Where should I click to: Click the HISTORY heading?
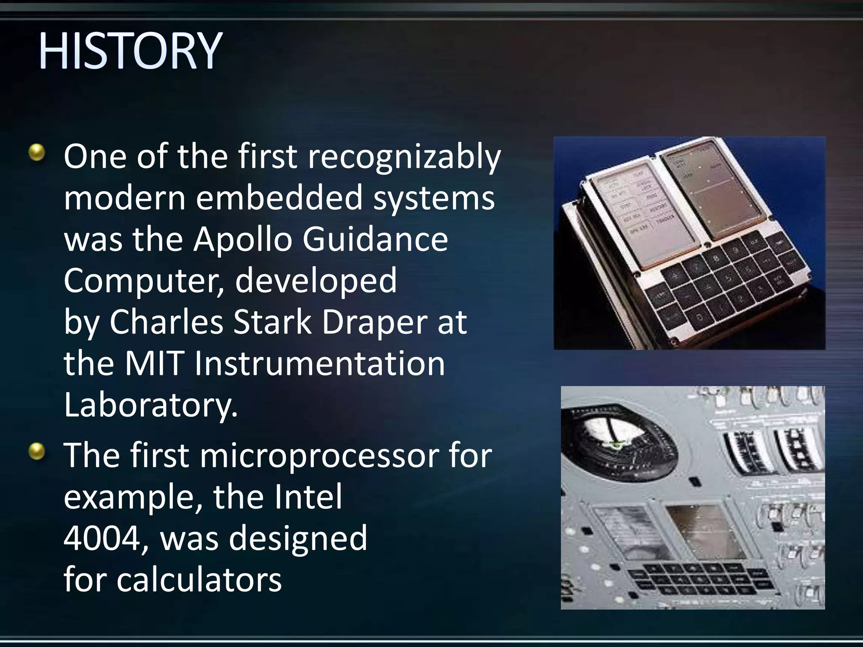tap(130, 51)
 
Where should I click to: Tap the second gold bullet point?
tap(37, 452)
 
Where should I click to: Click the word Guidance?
tap(375, 239)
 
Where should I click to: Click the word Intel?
tap(308, 497)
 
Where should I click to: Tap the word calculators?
tap(199, 580)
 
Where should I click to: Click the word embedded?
tap(279, 198)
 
